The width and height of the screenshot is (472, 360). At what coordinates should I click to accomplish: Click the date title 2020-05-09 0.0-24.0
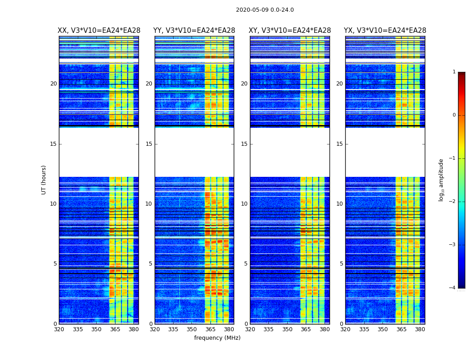click(265, 10)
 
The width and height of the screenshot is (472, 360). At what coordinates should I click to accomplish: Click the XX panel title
click(98, 31)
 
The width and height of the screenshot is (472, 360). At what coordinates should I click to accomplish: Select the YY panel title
click(194, 31)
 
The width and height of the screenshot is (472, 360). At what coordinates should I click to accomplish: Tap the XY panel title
click(289, 31)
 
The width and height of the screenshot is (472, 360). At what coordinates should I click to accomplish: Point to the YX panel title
click(385, 31)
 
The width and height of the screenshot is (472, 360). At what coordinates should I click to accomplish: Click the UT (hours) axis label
click(44, 180)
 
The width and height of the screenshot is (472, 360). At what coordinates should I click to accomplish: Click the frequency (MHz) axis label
click(217, 338)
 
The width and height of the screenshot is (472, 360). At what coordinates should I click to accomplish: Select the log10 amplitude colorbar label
click(441, 180)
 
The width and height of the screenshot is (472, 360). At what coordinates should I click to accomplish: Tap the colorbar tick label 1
click(454, 72)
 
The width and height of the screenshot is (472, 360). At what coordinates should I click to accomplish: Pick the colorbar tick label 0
click(454, 115)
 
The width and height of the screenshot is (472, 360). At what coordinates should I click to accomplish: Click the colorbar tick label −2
click(453, 202)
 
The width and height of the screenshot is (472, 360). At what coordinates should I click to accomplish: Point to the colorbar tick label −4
click(453, 288)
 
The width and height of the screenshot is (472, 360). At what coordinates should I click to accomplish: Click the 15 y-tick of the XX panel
click(53, 144)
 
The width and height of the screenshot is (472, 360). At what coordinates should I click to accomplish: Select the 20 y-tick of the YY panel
click(149, 84)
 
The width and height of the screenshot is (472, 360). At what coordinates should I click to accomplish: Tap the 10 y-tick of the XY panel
click(244, 204)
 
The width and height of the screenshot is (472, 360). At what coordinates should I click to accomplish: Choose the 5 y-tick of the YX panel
click(341, 264)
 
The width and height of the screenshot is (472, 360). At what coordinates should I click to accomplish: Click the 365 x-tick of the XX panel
click(115, 329)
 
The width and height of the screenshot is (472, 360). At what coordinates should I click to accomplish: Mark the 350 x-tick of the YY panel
click(192, 329)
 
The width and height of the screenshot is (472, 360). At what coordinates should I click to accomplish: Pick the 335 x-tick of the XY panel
click(269, 329)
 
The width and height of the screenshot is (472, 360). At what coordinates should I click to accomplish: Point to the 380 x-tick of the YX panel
click(420, 329)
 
